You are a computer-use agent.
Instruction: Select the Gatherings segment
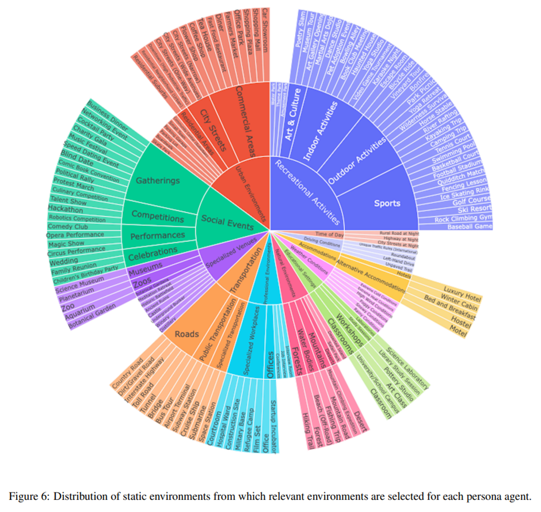tap(158, 181)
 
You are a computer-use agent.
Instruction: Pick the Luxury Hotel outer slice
tap(461, 289)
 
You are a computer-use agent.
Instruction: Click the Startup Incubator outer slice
tap(274, 426)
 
